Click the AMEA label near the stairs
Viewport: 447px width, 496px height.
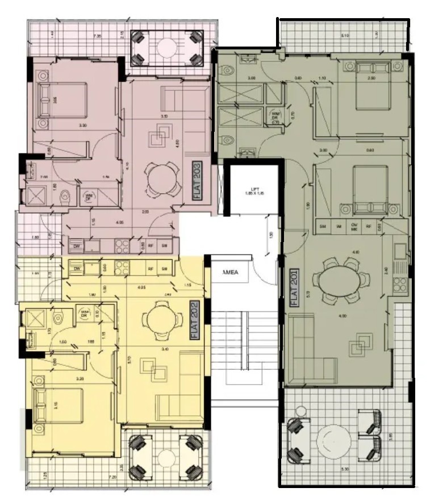pos(231,273)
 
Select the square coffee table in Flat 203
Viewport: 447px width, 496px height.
pos(156,137)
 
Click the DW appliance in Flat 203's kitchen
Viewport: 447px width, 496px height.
pos(76,247)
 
